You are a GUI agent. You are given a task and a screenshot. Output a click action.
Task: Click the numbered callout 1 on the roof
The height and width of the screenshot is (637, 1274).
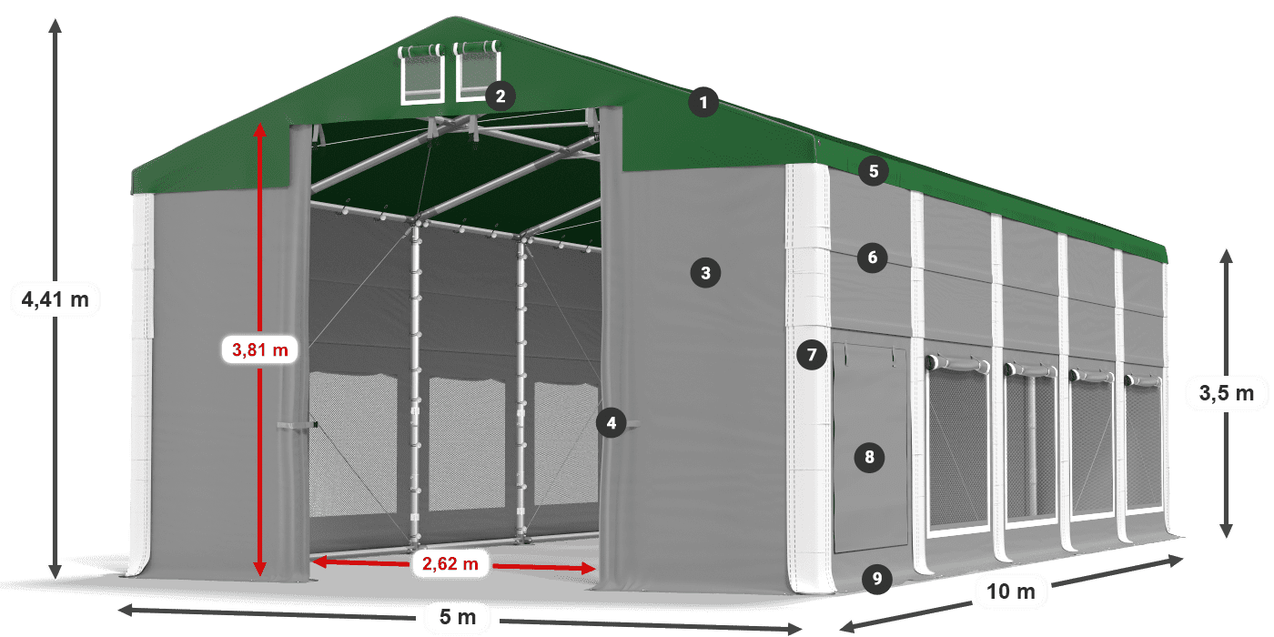(x=703, y=103)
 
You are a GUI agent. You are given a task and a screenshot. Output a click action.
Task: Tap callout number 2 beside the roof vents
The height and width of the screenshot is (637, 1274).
(x=500, y=96)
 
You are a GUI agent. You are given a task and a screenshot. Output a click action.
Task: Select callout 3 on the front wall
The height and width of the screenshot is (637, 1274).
(x=704, y=271)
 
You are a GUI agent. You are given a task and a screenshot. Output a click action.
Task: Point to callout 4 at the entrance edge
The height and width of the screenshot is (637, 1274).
(x=612, y=422)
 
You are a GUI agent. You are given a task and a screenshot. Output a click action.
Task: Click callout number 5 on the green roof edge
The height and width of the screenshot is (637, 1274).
(x=873, y=170)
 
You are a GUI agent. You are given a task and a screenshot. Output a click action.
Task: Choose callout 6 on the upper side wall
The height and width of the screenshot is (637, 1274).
(x=872, y=258)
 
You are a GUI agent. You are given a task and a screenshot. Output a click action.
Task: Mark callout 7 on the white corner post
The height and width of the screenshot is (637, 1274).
(x=811, y=354)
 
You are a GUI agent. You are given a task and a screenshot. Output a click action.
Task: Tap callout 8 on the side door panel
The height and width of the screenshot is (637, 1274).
(x=869, y=457)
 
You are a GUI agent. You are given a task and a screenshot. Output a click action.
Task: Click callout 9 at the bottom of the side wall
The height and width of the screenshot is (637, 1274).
(x=875, y=578)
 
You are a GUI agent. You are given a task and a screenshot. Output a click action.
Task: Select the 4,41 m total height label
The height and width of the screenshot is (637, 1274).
(x=56, y=298)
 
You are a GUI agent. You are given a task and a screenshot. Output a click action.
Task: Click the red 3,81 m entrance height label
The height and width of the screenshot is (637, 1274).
(x=260, y=348)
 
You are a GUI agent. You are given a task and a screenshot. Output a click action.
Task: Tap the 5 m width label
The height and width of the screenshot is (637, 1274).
(x=457, y=618)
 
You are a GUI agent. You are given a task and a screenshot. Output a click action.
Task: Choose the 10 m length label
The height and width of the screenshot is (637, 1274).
(x=1010, y=592)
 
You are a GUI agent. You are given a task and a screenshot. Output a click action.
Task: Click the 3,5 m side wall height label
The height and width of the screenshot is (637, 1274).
(x=1226, y=393)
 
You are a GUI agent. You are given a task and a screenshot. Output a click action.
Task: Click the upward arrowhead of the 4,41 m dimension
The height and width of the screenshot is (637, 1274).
(x=56, y=25)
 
